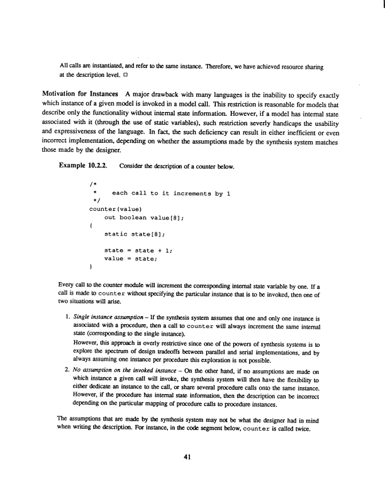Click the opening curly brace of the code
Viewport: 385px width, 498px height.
(92, 225)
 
